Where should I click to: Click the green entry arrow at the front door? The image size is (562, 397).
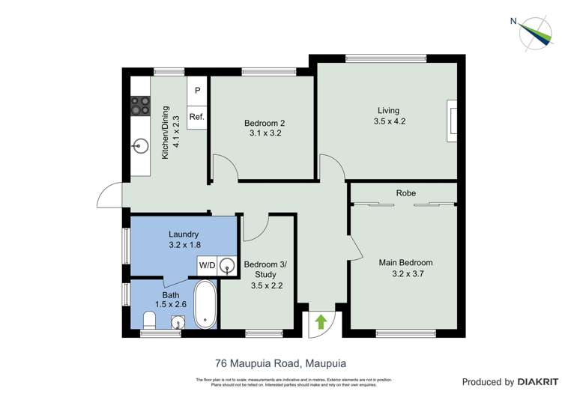321,322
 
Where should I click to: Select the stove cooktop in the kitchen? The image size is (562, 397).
140,106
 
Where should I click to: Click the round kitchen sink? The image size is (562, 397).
140,147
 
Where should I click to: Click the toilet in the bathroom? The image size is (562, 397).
150,321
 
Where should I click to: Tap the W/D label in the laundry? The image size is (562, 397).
207,264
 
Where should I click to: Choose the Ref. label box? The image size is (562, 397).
197,117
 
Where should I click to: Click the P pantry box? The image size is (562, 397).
197,91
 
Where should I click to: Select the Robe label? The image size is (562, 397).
405,193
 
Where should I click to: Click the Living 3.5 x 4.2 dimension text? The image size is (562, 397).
389,121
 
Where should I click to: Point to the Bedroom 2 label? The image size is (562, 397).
264,123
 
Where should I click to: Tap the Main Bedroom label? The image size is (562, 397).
405,263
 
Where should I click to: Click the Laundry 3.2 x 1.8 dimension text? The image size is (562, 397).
184,244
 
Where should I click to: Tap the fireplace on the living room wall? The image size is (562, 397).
451,120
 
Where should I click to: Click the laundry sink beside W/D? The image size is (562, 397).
226,264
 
